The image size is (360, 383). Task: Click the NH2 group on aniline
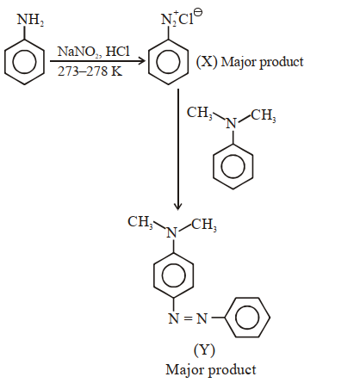point(30,20)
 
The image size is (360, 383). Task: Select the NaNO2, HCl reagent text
point(94,52)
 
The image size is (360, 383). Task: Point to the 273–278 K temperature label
point(90,71)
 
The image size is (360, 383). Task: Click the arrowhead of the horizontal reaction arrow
point(141,61)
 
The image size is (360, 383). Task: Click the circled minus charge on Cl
point(198,13)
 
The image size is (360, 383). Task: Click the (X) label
point(207,62)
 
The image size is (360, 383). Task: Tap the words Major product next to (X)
point(262,62)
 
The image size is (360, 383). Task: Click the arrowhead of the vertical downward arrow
point(178,207)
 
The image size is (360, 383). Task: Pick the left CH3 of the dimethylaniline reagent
point(200,113)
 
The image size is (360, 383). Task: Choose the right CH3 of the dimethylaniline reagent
point(264,115)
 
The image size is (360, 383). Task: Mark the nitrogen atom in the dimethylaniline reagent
point(232,124)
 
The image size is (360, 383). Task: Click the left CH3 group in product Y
point(140,222)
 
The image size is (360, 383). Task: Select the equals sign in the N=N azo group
point(188,318)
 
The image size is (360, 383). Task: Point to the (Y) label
point(204,349)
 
